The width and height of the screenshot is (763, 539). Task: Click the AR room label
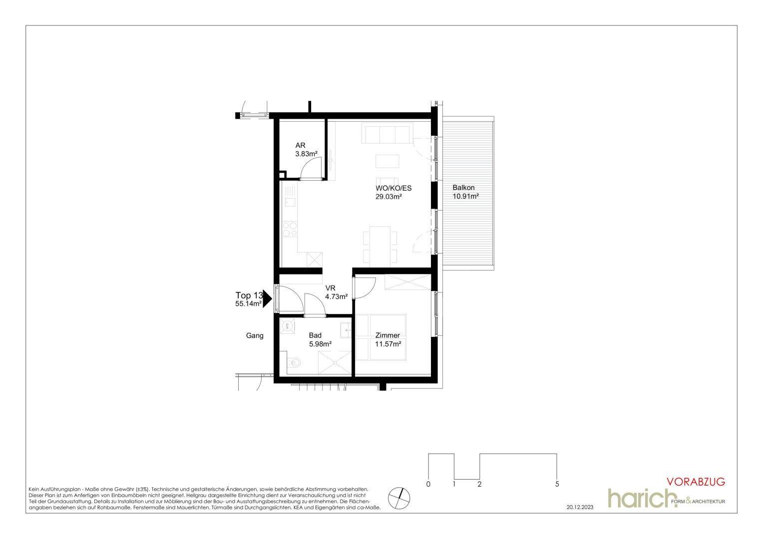[x=300, y=145]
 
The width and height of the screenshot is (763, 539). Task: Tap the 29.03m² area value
[x=388, y=197]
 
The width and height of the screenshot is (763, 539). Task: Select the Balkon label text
[x=463, y=188]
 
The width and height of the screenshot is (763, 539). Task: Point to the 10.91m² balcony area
[x=465, y=196]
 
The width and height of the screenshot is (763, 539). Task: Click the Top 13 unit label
[x=249, y=295]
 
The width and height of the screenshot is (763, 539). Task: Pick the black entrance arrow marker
[x=267, y=299]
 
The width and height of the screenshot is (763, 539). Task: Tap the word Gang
[x=255, y=336]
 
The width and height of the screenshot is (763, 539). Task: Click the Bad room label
[x=315, y=335]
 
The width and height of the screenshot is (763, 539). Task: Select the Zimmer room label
[x=387, y=335]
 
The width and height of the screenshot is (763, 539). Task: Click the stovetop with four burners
[x=290, y=229]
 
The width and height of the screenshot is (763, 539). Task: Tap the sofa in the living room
[x=387, y=133]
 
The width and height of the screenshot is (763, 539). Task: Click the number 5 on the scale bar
[x=557, y=484]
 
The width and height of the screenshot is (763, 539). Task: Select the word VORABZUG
[x=696, y=482]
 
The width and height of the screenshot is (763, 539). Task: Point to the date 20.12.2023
[x=580, y=508]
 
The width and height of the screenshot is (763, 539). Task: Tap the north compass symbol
[x=399, y=498]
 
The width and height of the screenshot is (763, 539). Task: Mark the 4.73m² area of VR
[x=337, y=296]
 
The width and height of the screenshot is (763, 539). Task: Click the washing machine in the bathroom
[x=288, y=326]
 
